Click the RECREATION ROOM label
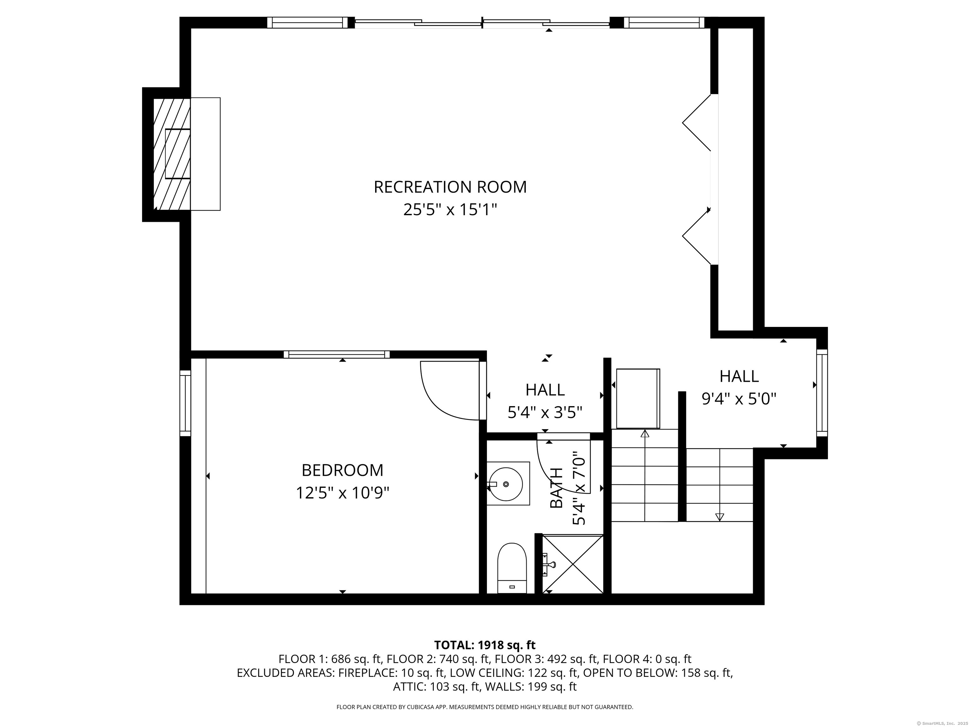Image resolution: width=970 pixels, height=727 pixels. point(450,187)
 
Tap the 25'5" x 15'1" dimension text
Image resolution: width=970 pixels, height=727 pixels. point(450,210)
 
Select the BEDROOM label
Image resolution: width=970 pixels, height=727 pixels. point(343,470)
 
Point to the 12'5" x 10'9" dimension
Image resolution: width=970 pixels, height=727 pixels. point(343,493)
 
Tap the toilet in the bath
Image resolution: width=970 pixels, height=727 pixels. point(512,568)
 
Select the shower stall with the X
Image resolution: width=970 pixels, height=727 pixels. point(573,564)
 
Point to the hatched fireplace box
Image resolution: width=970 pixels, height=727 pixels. point(172,154)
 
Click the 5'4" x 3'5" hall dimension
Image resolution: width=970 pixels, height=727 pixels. point(545,412)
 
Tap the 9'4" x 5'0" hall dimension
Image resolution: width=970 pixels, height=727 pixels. point(739,399)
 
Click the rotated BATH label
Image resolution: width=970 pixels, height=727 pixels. point(556,488)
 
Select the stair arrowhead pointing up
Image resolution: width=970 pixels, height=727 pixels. point(645,434)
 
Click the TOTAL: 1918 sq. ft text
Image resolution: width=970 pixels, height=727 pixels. point(485,645)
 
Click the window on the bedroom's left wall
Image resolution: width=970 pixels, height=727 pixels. point(185,403)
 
